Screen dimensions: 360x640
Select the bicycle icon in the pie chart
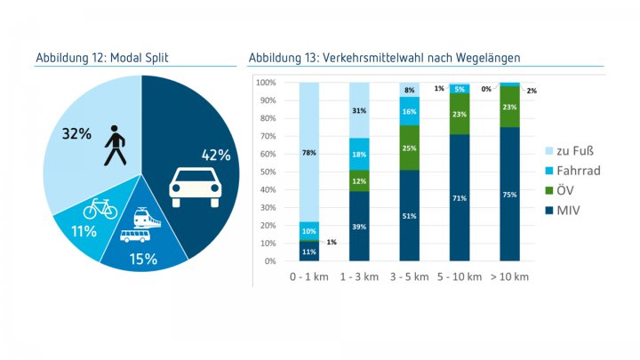(x=100, y=210)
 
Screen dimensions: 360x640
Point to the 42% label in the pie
(x=216, y=155)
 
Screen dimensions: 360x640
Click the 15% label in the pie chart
(x=143, y=259)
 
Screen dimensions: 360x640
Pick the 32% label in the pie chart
(x=76, y=133)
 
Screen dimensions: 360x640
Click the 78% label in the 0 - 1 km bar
(x=308, y=153)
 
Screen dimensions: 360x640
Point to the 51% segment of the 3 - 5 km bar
(x=410, y=215)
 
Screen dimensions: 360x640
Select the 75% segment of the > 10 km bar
(x=509, y=194)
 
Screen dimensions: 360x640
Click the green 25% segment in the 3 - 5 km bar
(x=410, y=148)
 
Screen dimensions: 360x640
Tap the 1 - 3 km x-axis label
(x=359, y=276)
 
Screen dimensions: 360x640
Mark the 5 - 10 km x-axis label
(x=459, y=276)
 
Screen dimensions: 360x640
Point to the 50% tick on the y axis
(x=267, y=172)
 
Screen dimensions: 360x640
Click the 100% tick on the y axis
(x=265, y=83)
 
